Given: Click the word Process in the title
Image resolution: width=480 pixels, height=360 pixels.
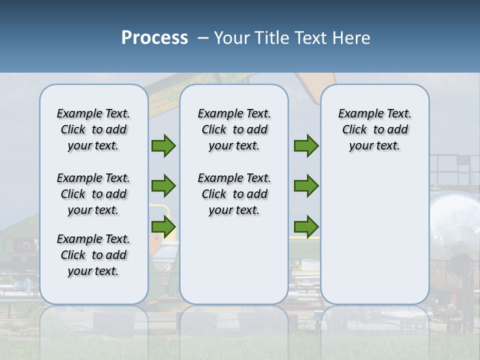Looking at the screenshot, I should (154, 38).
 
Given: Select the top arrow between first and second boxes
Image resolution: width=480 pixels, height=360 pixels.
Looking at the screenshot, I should (163, 146).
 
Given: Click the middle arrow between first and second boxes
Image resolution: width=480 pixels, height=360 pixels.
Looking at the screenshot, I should (163, 186).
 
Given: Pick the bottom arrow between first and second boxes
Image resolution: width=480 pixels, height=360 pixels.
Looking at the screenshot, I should (163, 226).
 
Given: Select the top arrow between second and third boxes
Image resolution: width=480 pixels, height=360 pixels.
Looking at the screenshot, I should (306, 146).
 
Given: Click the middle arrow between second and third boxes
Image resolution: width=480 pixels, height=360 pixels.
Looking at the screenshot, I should (306, 186).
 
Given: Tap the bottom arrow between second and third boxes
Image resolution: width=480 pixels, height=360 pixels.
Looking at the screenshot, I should (306, 226).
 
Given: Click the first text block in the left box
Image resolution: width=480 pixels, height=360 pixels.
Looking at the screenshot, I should (93, 129).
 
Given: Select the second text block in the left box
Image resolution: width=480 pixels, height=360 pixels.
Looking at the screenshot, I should (93, 194).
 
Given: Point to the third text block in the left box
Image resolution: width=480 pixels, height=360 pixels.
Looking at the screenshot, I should (93, 255).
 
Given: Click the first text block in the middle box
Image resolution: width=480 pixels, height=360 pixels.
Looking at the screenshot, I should (234, 129).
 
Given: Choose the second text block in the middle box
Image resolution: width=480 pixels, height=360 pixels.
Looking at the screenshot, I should (234, 194).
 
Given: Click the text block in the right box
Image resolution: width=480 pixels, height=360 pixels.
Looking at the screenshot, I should (374, 129).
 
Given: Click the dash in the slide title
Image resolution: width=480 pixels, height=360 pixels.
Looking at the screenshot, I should (202, 38).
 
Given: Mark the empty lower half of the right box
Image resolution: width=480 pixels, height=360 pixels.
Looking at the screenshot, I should (374, 240).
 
